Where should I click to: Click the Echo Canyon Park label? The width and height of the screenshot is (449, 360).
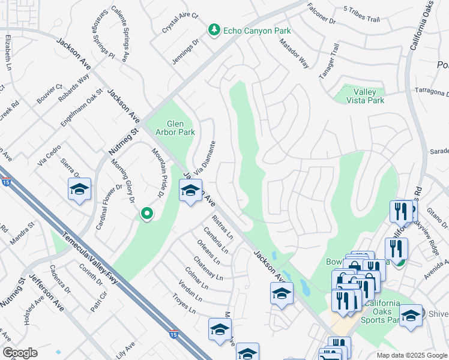click(256, 31)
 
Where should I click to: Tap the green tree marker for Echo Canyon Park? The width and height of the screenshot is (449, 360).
click(214, 30)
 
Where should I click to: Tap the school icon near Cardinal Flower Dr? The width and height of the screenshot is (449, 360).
click(79, 190)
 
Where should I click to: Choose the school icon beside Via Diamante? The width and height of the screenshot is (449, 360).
click(190, 191)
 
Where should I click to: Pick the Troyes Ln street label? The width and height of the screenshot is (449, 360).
click(184, 304)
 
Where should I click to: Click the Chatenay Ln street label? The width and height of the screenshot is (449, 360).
click(208, 269)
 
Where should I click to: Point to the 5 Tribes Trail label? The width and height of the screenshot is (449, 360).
click(361, 14)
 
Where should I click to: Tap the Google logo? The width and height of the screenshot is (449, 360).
click(20, 352)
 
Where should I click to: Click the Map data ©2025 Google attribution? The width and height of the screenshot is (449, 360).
click(411, 355)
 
